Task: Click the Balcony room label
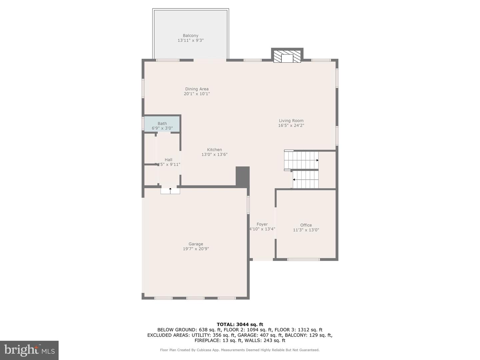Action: [x=190, y=36]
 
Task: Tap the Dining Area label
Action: [x=197, y=89]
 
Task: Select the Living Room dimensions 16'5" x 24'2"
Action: [x=291, y=126]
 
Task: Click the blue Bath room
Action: [x=162, y=124]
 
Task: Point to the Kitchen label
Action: [x=214, y=150]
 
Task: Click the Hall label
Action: [x=168, y=160]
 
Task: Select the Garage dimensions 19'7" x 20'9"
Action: [x=196, y=249]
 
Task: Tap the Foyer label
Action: [x=262, y=224]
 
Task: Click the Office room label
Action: [x=306, y=225]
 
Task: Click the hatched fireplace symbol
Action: [x=287, y=56]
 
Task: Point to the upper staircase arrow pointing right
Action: [x=317, y=160]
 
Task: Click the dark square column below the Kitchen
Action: [x=242, y=176]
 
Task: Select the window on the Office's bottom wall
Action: [x=303, y=259]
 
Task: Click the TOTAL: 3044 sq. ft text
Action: [x=240, y=324]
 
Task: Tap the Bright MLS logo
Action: [x=29, y=350]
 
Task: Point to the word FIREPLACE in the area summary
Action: [x=207, y=340]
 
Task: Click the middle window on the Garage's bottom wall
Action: [x=195, y=298]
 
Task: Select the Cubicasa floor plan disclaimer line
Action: [x=240, y=350]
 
